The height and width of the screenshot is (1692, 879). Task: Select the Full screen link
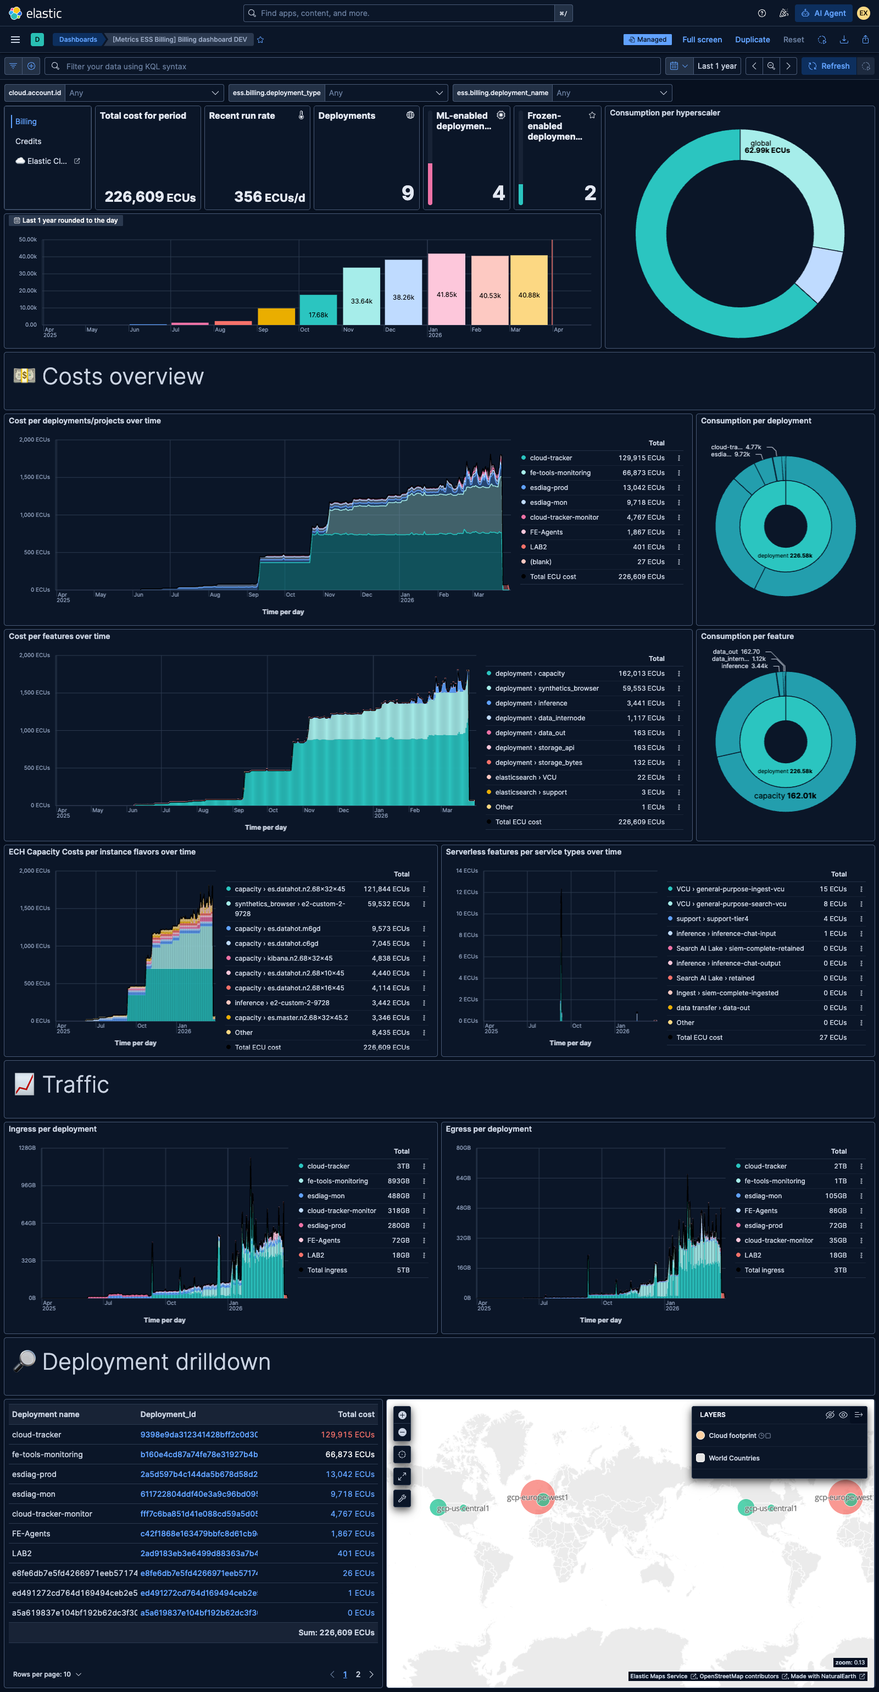(701, 40)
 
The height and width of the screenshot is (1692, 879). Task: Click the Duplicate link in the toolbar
(752, 40)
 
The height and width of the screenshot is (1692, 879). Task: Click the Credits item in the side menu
(28, 141)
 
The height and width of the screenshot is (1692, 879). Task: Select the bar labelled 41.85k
(447, 289)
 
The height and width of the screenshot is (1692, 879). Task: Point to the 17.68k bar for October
(319, 310)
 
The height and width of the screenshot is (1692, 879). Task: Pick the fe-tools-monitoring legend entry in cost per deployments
(560, 473)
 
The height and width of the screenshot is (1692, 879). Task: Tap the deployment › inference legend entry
(530, 703)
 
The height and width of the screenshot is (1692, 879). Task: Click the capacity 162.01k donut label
(785, 796)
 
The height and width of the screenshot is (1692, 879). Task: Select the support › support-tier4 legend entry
(711, 919)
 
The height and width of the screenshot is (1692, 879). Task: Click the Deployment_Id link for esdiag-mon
(199, 1493)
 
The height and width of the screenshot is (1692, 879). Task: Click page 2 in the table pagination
(358, 1674)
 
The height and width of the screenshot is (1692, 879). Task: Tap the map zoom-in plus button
(402, 1415)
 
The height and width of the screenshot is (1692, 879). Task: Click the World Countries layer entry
(733, 1458)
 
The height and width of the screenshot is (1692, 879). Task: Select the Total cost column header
(356, 1414)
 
